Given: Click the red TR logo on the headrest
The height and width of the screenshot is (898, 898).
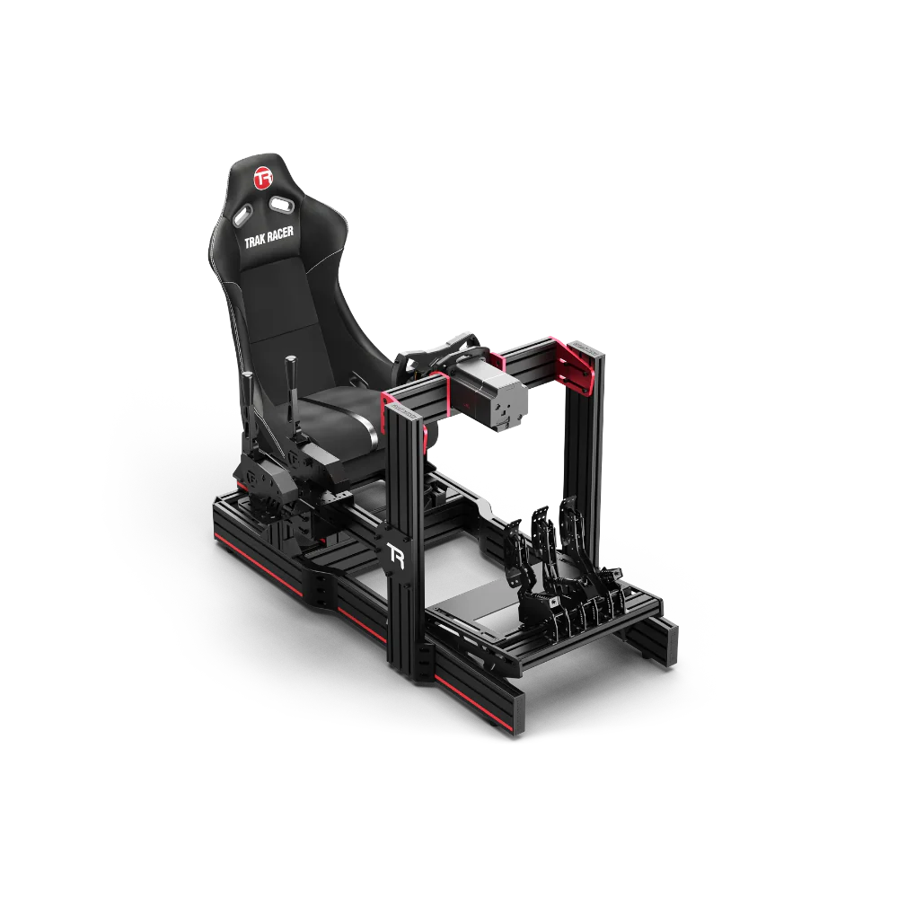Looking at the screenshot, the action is (x=263, y=178).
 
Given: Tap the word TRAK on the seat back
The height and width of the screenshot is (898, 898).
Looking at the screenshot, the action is (x=255, y=241).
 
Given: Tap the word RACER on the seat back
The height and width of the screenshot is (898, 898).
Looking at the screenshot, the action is (x=280, y=233).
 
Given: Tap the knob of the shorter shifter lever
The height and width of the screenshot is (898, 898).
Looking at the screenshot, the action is (x=249, y=379).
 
